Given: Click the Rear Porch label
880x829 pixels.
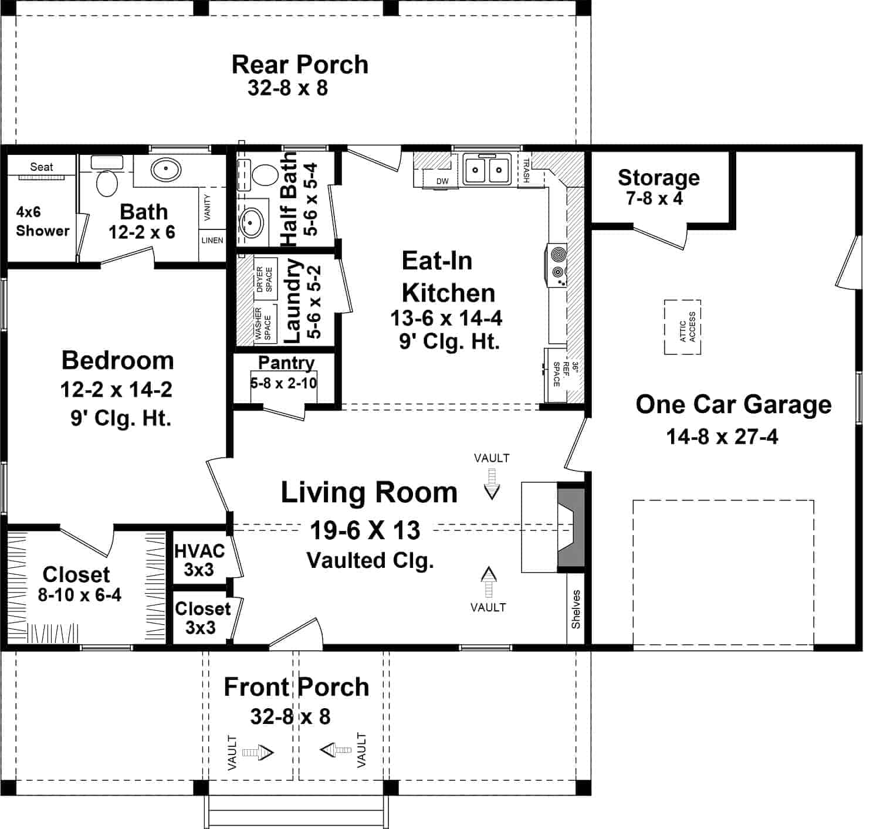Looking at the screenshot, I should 300,65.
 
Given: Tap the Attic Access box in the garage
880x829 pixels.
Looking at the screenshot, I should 682,327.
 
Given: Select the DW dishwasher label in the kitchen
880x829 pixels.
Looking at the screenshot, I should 442,181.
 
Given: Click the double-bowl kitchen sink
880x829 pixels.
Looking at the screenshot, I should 486,171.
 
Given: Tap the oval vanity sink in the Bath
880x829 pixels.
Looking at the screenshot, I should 165,171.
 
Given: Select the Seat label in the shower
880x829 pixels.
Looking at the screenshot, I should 42,167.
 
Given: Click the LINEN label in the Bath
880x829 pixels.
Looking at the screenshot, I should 212,240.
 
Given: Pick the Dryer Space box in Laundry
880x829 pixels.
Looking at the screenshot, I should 265,279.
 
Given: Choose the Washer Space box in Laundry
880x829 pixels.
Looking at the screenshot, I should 263,323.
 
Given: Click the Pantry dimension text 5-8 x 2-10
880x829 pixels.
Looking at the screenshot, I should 283,383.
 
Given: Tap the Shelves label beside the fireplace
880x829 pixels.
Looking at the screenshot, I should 576,609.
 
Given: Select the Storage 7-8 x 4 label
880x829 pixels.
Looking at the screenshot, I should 658,187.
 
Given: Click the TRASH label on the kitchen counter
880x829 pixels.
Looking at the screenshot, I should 526,171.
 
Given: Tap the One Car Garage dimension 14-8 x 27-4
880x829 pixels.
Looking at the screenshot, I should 722,437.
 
